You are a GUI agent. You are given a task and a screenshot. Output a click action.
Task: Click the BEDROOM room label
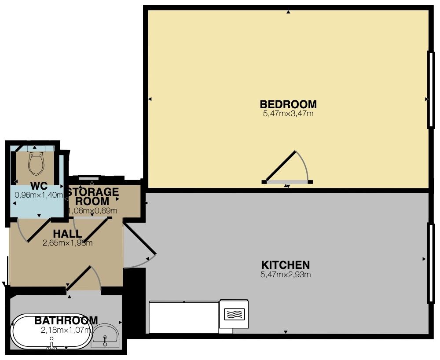288,104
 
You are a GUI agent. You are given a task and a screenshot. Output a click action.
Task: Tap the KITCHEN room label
286,265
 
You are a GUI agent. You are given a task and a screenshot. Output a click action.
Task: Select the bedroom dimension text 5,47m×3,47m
288,114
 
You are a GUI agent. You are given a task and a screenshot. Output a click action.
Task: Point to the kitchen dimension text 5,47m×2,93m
286,275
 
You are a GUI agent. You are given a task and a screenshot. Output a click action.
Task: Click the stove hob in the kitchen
234,314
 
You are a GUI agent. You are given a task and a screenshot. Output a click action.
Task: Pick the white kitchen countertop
183,317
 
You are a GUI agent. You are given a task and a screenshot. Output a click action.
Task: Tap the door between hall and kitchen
139,239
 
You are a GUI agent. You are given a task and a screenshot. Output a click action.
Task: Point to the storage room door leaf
95,229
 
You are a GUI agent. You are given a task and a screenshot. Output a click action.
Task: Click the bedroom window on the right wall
431,89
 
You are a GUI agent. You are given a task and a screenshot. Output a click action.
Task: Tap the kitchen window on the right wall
431,263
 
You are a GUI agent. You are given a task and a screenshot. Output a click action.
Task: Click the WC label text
39,186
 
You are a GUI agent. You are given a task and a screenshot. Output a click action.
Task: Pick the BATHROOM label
66,320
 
